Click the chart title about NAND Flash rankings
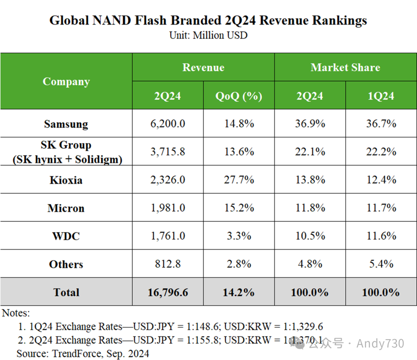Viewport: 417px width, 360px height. click(208, 20)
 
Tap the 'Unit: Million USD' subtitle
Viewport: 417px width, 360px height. click(208, 35)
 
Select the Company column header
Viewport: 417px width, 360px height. click(66, 82)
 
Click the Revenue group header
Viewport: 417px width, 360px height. click(203, 67)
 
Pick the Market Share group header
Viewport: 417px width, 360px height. click(345, 67)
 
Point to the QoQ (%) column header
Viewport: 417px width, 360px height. click(239, 96)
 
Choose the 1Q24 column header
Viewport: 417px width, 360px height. click(381, 96)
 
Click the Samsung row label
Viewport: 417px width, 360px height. click(66, 124)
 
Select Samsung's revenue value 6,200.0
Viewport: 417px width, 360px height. click(168, 124)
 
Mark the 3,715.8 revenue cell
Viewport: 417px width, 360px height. click(168, 152)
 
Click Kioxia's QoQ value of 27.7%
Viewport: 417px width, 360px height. click(239, 180)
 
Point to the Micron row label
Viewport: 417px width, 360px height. click(66, 208)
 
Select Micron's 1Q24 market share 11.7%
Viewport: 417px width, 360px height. click(381, 208)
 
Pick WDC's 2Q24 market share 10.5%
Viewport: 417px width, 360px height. click(310, 236)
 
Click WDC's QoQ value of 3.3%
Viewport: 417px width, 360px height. click(239, 236)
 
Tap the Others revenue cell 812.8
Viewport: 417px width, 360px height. click(168, 264)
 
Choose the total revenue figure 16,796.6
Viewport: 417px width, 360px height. click(168, 292)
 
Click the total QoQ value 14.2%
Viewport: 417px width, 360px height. click(239, 292)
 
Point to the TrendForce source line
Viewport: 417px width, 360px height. click(83, 353)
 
